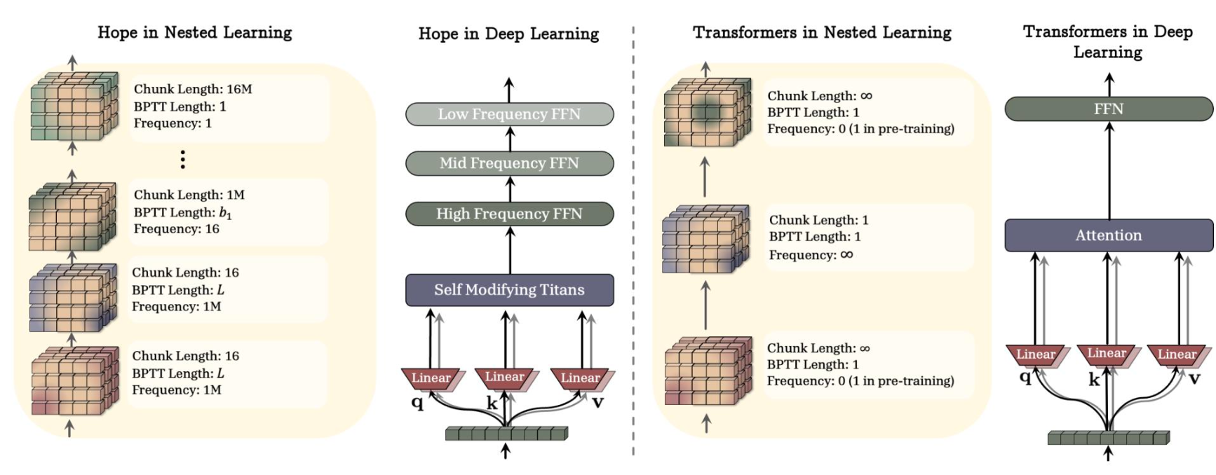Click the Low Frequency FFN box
pyautogui.click(x=510, y=114)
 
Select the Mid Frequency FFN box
pyautogui.click(x=510, y=163)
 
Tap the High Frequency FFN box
pyautogui.click(x=510, y=214)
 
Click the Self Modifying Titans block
pyautogui.click(x=510, y=290)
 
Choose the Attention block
pyautogui.click(x=1109, y=235)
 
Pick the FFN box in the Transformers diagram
pyautogui.click(x=1109, y=109)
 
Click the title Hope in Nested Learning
pyautogui.click(x=195, y=32)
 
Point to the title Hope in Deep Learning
pyautogui.click(x=509, y=34)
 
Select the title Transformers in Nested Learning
pyautogui.click(x=822, y=32)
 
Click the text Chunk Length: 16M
pyautogui.click(x=193, y=89)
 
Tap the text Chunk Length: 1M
pyautogui.click(x=189, y=195)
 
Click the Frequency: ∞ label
pyautogui.click(x=811, y=255)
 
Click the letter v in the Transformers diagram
pyautogui.click(x=1194, y=379)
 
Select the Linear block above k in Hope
pyautogui.click(x=505, y=378)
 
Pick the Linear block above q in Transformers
pyautogui.click(x=1036, y=354)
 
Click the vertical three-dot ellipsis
pyautogui.click(x=183, y=160)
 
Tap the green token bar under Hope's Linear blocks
pyautogui.click(x=507, y=434)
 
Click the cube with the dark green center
pyautogui.click(x=707, y=112)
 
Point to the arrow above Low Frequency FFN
pyautogui.click(x=509, y=90)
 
